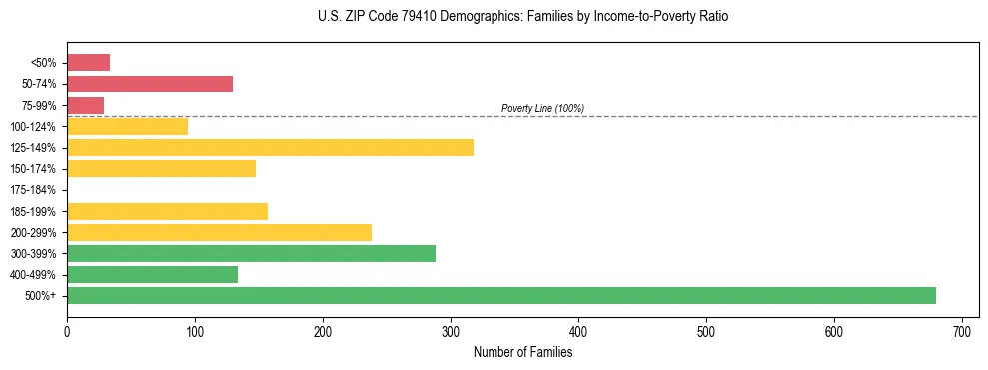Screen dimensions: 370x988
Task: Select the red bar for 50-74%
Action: click(x=150, y=84)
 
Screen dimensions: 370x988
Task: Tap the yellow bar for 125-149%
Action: click(x=270, y=147)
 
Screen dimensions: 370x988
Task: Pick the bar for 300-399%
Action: click(x=251, y=253)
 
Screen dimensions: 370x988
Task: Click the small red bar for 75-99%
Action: click(x=85, y=105)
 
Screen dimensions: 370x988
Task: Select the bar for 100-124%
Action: click(x=127, y=126)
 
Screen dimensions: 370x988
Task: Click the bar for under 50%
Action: click(x=88, y=63)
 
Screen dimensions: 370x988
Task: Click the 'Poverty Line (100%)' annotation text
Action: click(x=542, y=108)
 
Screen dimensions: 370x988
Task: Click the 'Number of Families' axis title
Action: click(x=522, y=352)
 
